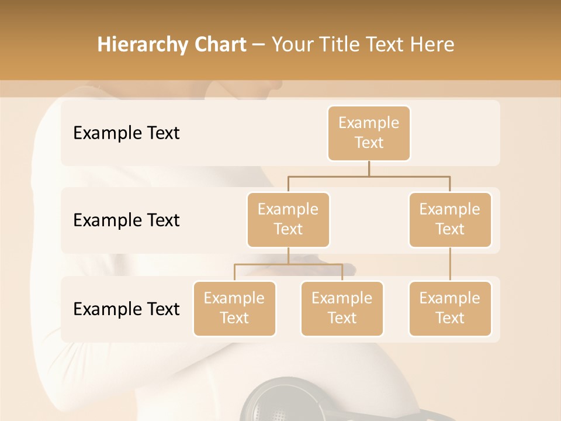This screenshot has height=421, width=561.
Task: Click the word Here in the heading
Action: coord(432,44)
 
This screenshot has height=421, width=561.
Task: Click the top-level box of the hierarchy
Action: coord(369,133)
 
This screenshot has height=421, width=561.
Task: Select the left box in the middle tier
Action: coord(288,220)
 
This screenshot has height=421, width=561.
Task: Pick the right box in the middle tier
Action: coord(450,220)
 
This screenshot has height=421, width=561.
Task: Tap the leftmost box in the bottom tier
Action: coord(234,309)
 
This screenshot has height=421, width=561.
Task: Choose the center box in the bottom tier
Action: coord(342,309)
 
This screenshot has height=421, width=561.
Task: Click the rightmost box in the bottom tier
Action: coord(450,309)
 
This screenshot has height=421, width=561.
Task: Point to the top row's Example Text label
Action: coord(126,133)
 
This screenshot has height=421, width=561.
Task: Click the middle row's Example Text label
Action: coord(126,220)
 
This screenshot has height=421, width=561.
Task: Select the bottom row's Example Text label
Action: coord(126,309)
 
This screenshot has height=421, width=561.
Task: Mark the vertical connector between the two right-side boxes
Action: coord(450,264)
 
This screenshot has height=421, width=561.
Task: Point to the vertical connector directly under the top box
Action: coord(369,168)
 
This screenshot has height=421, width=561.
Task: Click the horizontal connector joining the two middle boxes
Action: coord(369,176)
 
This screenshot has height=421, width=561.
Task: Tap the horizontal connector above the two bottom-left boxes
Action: coord(288,264)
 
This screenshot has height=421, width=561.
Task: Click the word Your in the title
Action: coord(293,44)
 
